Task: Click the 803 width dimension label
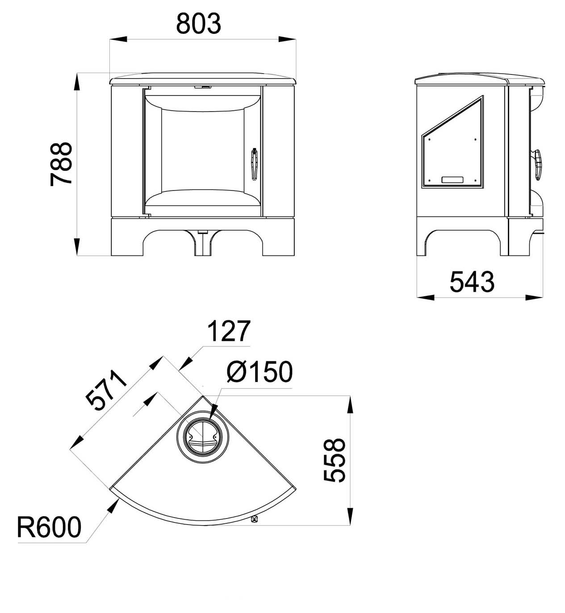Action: tap(198, 24)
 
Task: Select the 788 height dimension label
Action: tap(62, 164)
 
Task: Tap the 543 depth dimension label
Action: tap(472, 282)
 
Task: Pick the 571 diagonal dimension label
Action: tap(106, 390)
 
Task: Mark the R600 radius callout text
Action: tap(49, 527)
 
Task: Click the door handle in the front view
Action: tap(254, 164)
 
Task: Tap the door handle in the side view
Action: tap(537, 164)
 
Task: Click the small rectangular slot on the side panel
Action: tap(453, 179)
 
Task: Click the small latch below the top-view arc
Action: tap(255, 519)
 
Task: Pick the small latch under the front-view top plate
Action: tap(203, 87)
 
